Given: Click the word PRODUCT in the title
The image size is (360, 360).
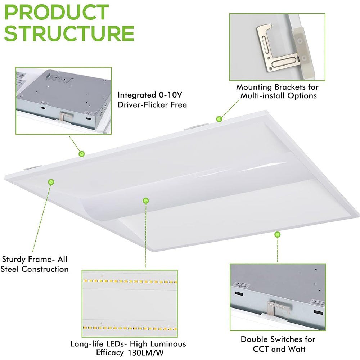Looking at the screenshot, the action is [57, 12].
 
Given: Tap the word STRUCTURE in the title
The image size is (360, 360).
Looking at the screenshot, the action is [69, 33].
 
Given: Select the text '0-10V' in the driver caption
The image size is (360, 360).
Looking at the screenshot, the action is [170, 95].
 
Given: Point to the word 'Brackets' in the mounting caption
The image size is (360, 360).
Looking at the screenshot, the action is [290, 87].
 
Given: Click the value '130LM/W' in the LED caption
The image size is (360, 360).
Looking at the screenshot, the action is [145, 353].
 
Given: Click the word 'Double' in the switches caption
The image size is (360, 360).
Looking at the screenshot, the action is [254, 339].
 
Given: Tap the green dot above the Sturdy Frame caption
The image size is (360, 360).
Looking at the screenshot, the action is [51, 182].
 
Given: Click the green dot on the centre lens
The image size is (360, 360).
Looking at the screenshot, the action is [145, 201].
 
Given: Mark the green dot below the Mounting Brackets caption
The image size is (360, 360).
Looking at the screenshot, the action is [219, 119].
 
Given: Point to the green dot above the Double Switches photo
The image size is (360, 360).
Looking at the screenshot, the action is [278, 234].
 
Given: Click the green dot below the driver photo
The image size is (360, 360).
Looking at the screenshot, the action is [81, 154].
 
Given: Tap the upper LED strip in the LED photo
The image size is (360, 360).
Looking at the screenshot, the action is [130, 282].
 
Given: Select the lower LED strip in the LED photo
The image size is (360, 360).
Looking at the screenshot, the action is [130, 328].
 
